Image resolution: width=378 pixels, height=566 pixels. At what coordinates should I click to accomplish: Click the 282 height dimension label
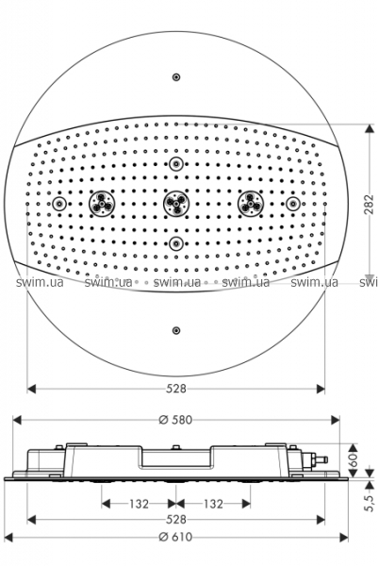coord(369,205)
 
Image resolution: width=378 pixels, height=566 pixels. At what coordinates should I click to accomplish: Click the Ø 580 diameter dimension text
coord(175,420)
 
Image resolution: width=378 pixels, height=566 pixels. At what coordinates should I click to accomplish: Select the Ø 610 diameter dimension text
coord(175,537)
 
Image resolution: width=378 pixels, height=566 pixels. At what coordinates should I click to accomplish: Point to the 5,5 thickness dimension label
coord(369,502)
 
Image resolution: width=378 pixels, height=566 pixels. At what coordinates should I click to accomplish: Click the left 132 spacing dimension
coord(139,504)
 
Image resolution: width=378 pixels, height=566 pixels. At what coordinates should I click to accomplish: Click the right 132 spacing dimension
coord(213,504)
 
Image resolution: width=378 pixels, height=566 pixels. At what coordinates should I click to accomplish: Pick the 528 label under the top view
coord(176,389)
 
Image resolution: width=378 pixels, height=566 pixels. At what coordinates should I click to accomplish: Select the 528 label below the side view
coord(176,520)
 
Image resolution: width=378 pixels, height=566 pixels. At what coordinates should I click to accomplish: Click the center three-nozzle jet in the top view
coord(176,204)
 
